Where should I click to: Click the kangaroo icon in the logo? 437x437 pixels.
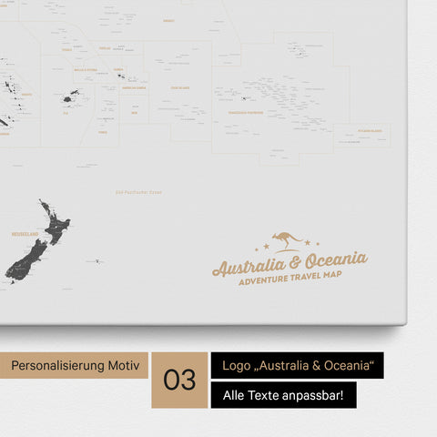(x=288, y=240)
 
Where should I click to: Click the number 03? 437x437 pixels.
(x=180, y=380)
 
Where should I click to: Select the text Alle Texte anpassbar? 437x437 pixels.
(x=282, y=396)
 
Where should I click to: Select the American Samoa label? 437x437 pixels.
(x=135, y=88)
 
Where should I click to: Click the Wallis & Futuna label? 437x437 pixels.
(x=86, y=69)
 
